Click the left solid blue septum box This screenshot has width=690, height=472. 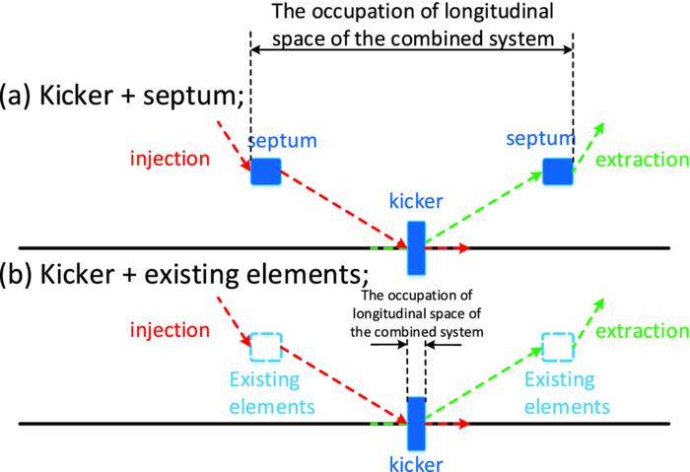pos(265,171)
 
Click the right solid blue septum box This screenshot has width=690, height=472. pos(557,170)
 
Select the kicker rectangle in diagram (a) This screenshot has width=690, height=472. pos(416,248)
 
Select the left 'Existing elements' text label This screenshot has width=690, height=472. pos(271,392)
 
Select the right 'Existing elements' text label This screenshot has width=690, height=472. pos(567,392)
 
